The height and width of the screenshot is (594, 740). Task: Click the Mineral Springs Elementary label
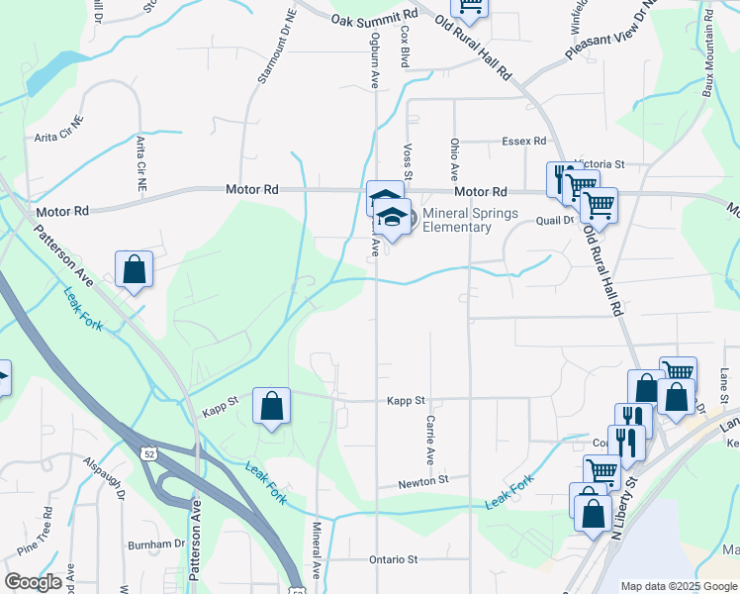pyautogui.click(x=456, y=220)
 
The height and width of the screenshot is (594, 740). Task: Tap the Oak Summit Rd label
pyautogui.click(x=375, y=19)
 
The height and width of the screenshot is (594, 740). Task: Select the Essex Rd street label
pyautogui.click(x=523, y=142)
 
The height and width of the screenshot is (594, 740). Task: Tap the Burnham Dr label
pyautogui.click(x=156, y=544)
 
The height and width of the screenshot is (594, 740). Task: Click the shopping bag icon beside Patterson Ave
pyautogui.click(x=134, y=269)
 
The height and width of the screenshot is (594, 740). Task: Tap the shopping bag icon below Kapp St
pyautogui.click(x=271, y=406)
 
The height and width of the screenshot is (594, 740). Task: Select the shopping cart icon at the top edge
pyautogui.click(x=470, y=8)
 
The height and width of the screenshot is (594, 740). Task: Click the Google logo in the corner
pyautogui.click(x=33, y=582)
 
